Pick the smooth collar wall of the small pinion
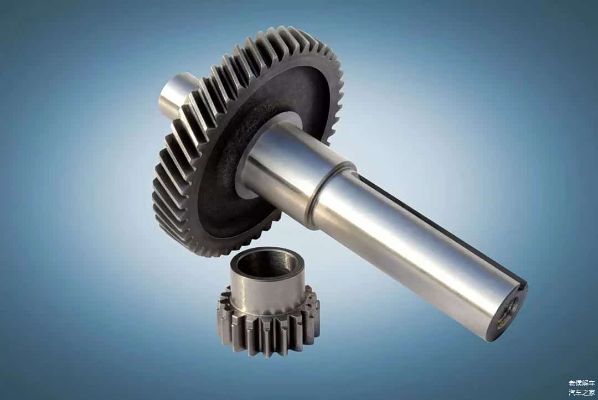(x=263, y=292)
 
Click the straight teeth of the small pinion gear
(x=267, y=328)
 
